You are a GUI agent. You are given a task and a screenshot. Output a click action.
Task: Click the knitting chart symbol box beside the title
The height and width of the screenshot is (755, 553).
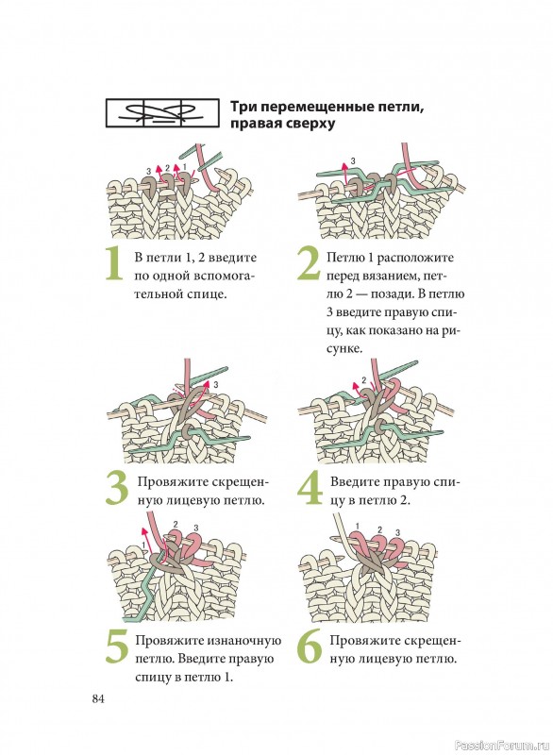coord(161,113)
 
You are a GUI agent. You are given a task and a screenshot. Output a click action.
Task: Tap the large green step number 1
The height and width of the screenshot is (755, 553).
coord(114,264)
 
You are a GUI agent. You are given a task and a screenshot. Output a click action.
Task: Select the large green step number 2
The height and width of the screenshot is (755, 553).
coord(308,264)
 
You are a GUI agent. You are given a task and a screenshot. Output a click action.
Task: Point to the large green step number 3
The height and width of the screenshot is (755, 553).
coord(116,489)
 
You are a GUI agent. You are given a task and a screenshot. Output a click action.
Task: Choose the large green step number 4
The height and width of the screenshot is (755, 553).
coord(310,488)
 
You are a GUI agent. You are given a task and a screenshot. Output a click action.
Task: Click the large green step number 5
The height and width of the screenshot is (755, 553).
coord(116,646)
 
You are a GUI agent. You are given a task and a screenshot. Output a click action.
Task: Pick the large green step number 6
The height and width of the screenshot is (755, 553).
coord(309,646)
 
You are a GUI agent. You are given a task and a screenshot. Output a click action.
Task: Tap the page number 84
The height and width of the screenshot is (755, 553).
coord(98,698)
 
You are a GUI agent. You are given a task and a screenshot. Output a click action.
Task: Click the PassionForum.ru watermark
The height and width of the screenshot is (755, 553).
coord(501,746)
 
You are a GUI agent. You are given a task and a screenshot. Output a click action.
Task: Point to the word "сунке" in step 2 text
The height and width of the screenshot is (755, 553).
coord(344,349)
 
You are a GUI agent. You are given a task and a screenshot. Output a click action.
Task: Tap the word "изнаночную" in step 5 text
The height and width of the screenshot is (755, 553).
coord(244,642)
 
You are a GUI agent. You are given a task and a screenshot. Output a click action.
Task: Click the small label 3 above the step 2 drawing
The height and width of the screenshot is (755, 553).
coord(353,160)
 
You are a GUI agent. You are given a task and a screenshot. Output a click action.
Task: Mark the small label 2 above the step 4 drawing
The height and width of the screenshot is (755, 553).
coord(363,380)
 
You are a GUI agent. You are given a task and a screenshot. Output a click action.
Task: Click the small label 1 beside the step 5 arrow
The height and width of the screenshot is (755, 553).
coord(143,545)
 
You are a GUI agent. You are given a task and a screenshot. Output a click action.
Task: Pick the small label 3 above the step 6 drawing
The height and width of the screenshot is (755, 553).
coord(397,532)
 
